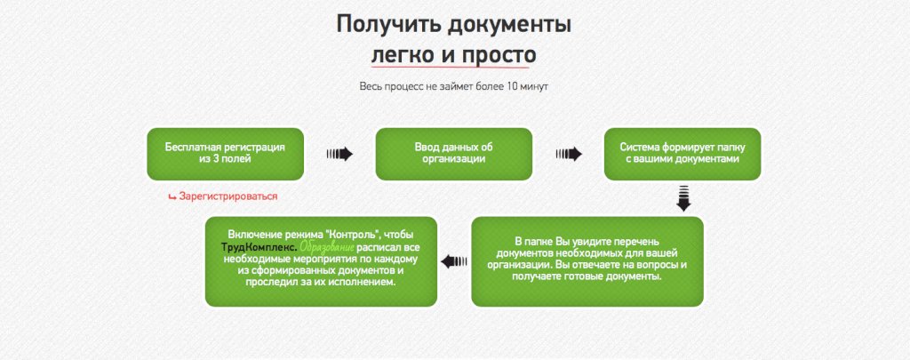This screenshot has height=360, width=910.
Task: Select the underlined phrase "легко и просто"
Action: point(453,55)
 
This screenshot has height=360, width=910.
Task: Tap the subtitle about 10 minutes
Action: point(454,87)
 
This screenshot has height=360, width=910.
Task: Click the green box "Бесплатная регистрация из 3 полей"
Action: point(225,153)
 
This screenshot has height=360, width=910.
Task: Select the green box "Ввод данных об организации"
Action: point(453,153)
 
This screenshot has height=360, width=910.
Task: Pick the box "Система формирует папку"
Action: point(682,153)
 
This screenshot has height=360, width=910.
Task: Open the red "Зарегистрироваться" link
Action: point(228,196)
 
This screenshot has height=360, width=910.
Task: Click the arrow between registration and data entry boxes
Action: point(339,154)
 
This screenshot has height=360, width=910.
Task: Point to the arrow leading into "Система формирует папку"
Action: point(569,154)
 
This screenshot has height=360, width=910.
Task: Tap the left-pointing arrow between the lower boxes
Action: point(454,260)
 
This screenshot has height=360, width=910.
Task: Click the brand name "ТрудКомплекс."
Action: point(259,245)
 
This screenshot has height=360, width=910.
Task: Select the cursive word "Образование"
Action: point(326,245)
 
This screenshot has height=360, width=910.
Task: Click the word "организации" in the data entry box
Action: point(453,159)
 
